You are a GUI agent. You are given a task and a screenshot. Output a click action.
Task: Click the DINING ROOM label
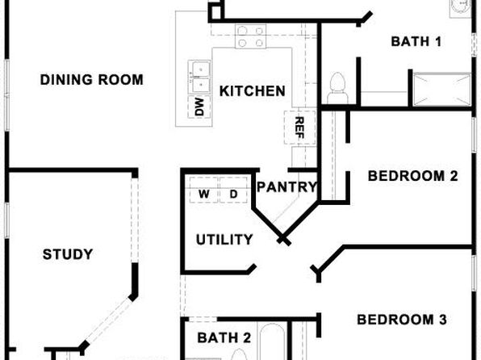(x=92, y=80)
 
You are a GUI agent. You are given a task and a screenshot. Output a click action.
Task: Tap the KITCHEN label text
(x=253, y=91)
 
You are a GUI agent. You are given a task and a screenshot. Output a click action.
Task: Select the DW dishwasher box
(x=199, y=107)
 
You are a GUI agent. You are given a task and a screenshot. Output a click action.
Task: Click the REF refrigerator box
(x=299, y=128)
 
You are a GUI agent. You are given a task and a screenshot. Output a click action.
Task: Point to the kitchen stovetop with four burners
(x=251, y=36)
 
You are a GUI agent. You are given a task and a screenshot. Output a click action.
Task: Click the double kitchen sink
(x=199, y=77)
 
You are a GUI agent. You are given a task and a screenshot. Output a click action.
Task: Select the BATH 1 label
(x=416, y=41)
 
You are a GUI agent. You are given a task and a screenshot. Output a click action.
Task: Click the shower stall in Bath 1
(x=441, y=90)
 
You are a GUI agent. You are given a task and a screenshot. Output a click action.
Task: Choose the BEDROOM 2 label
(x=412, y=176)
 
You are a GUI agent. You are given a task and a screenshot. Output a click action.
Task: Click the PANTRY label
(x=287, y=187)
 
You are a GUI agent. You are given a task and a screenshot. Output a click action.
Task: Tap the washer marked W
(x=204, y=190)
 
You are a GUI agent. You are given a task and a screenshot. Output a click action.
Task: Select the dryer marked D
(x=233, y=190)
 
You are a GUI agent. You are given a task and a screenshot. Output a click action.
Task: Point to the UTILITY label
(x=224, y=240)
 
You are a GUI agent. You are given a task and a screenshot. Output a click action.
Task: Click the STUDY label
(x=68, y=254)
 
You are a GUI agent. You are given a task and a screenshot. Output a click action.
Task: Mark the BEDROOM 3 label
(x=402, y=320)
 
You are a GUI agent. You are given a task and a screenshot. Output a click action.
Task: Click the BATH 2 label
(x=224, y=338)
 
